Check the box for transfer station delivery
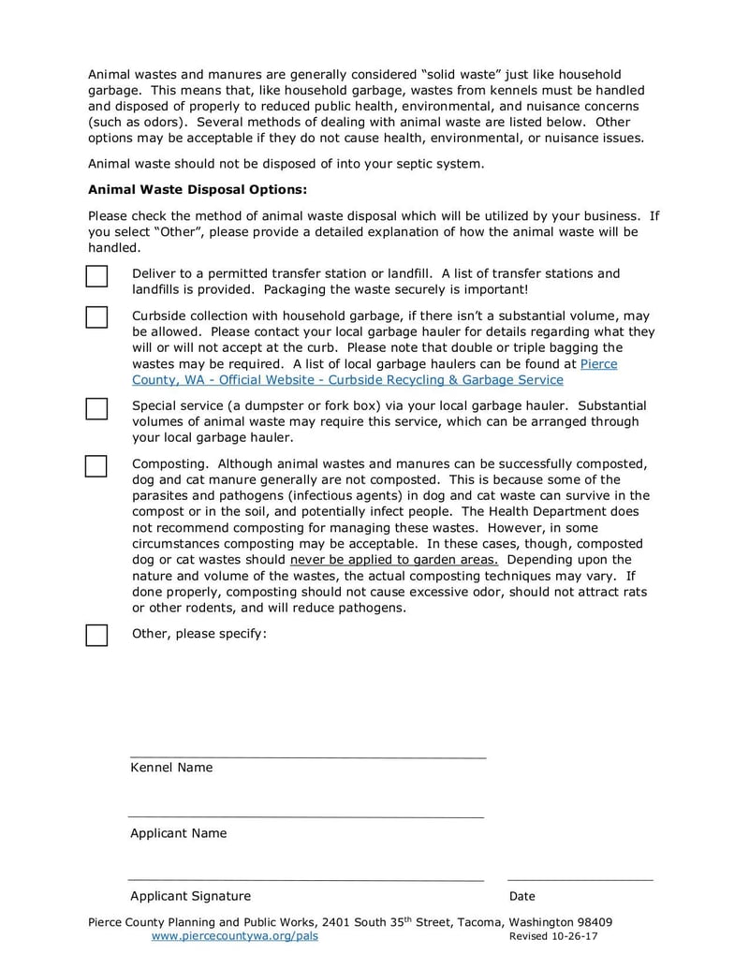click(x=96, y=276)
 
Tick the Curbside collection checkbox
click(x=96, y=317)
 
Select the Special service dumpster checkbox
click(x=96, y=408)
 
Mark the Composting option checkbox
click(x=96, y=466)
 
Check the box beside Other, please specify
click(x=96, y=635)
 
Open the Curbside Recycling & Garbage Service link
click(x=347, y=380)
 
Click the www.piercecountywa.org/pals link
click(x=234, y=936)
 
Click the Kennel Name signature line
click(x=307, y=756)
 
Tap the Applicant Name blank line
click(x=305, y=817)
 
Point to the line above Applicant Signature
click(x=305, y=880)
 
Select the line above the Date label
click(x=580, y=880)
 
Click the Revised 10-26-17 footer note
click(x=553, y=936)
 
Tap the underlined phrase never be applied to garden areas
click(x=394, y=560)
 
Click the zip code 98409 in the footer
click(x=592, y=922)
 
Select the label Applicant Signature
click(x=190, y=896)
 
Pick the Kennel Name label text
click(x=171, y=768)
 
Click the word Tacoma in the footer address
click(x=477, y=922)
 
